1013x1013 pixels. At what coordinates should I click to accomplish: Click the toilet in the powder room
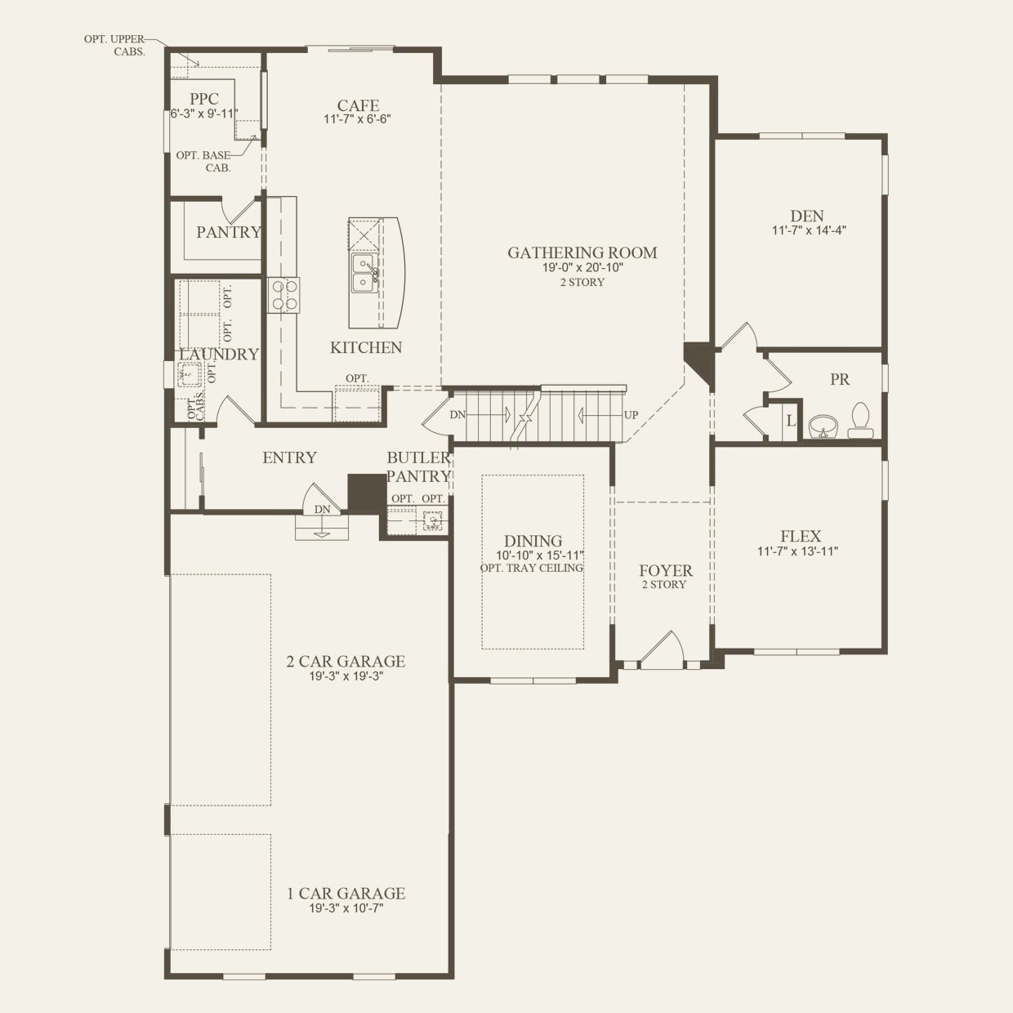[x=860, y=421]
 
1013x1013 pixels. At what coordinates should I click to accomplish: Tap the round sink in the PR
[x=823, y=426]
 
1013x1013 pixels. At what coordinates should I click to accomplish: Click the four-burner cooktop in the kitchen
[x=283, y=296]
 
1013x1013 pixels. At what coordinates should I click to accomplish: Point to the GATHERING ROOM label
[x=582, y=253]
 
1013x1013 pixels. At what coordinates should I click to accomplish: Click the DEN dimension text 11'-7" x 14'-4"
[x=809, y=230]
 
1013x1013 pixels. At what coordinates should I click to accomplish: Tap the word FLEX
[x=801, y=536]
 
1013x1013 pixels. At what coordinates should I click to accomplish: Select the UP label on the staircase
[x=631, y=415]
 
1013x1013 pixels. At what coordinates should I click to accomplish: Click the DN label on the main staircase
[x=457, y=415]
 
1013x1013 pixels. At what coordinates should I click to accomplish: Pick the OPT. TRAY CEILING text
[x=532, y=569]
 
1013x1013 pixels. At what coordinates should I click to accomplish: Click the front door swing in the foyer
[x=663, y=650]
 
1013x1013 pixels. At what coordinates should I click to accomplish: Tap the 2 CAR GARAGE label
[x=346, y=662]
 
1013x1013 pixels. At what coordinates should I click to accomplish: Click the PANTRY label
[x=229, y=232]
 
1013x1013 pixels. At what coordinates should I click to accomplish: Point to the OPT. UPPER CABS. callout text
[x=114, y=46]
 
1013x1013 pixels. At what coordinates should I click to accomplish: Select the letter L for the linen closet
[x=791, y=421]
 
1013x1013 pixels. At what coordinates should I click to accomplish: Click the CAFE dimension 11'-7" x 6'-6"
[x=358, y=119]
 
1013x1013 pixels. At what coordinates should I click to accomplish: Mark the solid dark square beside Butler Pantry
[x=367, y=493]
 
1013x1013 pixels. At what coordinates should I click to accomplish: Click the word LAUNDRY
[x=219, y=355]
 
